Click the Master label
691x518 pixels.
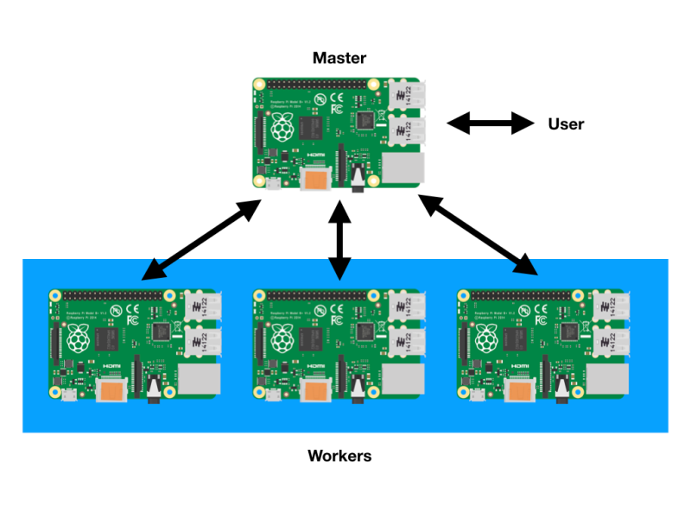[x=339, y=59]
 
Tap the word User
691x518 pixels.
[x=566, y=124]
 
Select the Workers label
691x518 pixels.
[x=339, y=455]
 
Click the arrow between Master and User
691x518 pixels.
[x=491, y=123]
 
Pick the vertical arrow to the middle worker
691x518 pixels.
[x=339, y=239]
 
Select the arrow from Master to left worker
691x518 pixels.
[x=202, y=240]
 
